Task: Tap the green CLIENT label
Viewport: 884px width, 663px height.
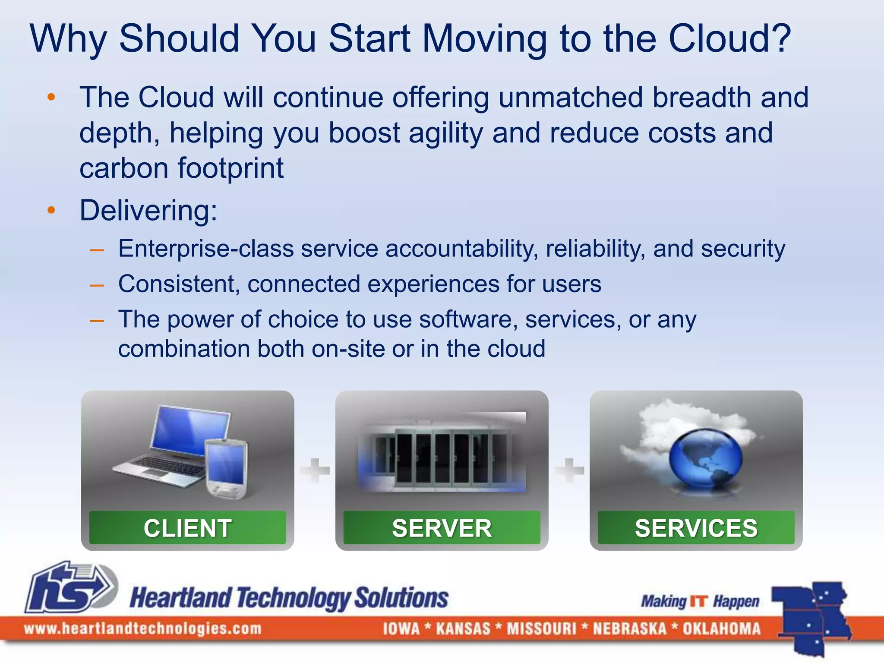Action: point(187,528)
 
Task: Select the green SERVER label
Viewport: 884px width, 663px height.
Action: point(442,528)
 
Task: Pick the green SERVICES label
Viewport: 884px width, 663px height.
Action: point(696,528)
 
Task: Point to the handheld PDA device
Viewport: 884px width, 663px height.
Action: point(226,468)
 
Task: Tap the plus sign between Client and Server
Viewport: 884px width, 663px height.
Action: point(315,470)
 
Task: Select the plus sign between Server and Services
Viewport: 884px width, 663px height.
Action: point(569,470)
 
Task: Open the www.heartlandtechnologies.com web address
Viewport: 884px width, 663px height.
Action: point(142,628)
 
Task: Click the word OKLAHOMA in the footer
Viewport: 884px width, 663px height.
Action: point(721,628)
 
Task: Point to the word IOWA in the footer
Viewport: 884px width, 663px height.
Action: point(401,628)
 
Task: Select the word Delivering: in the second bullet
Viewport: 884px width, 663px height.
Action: point(148,211)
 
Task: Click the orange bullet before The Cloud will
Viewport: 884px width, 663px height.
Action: point(51,97)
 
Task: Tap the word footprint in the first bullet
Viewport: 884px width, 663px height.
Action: point(230,168)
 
